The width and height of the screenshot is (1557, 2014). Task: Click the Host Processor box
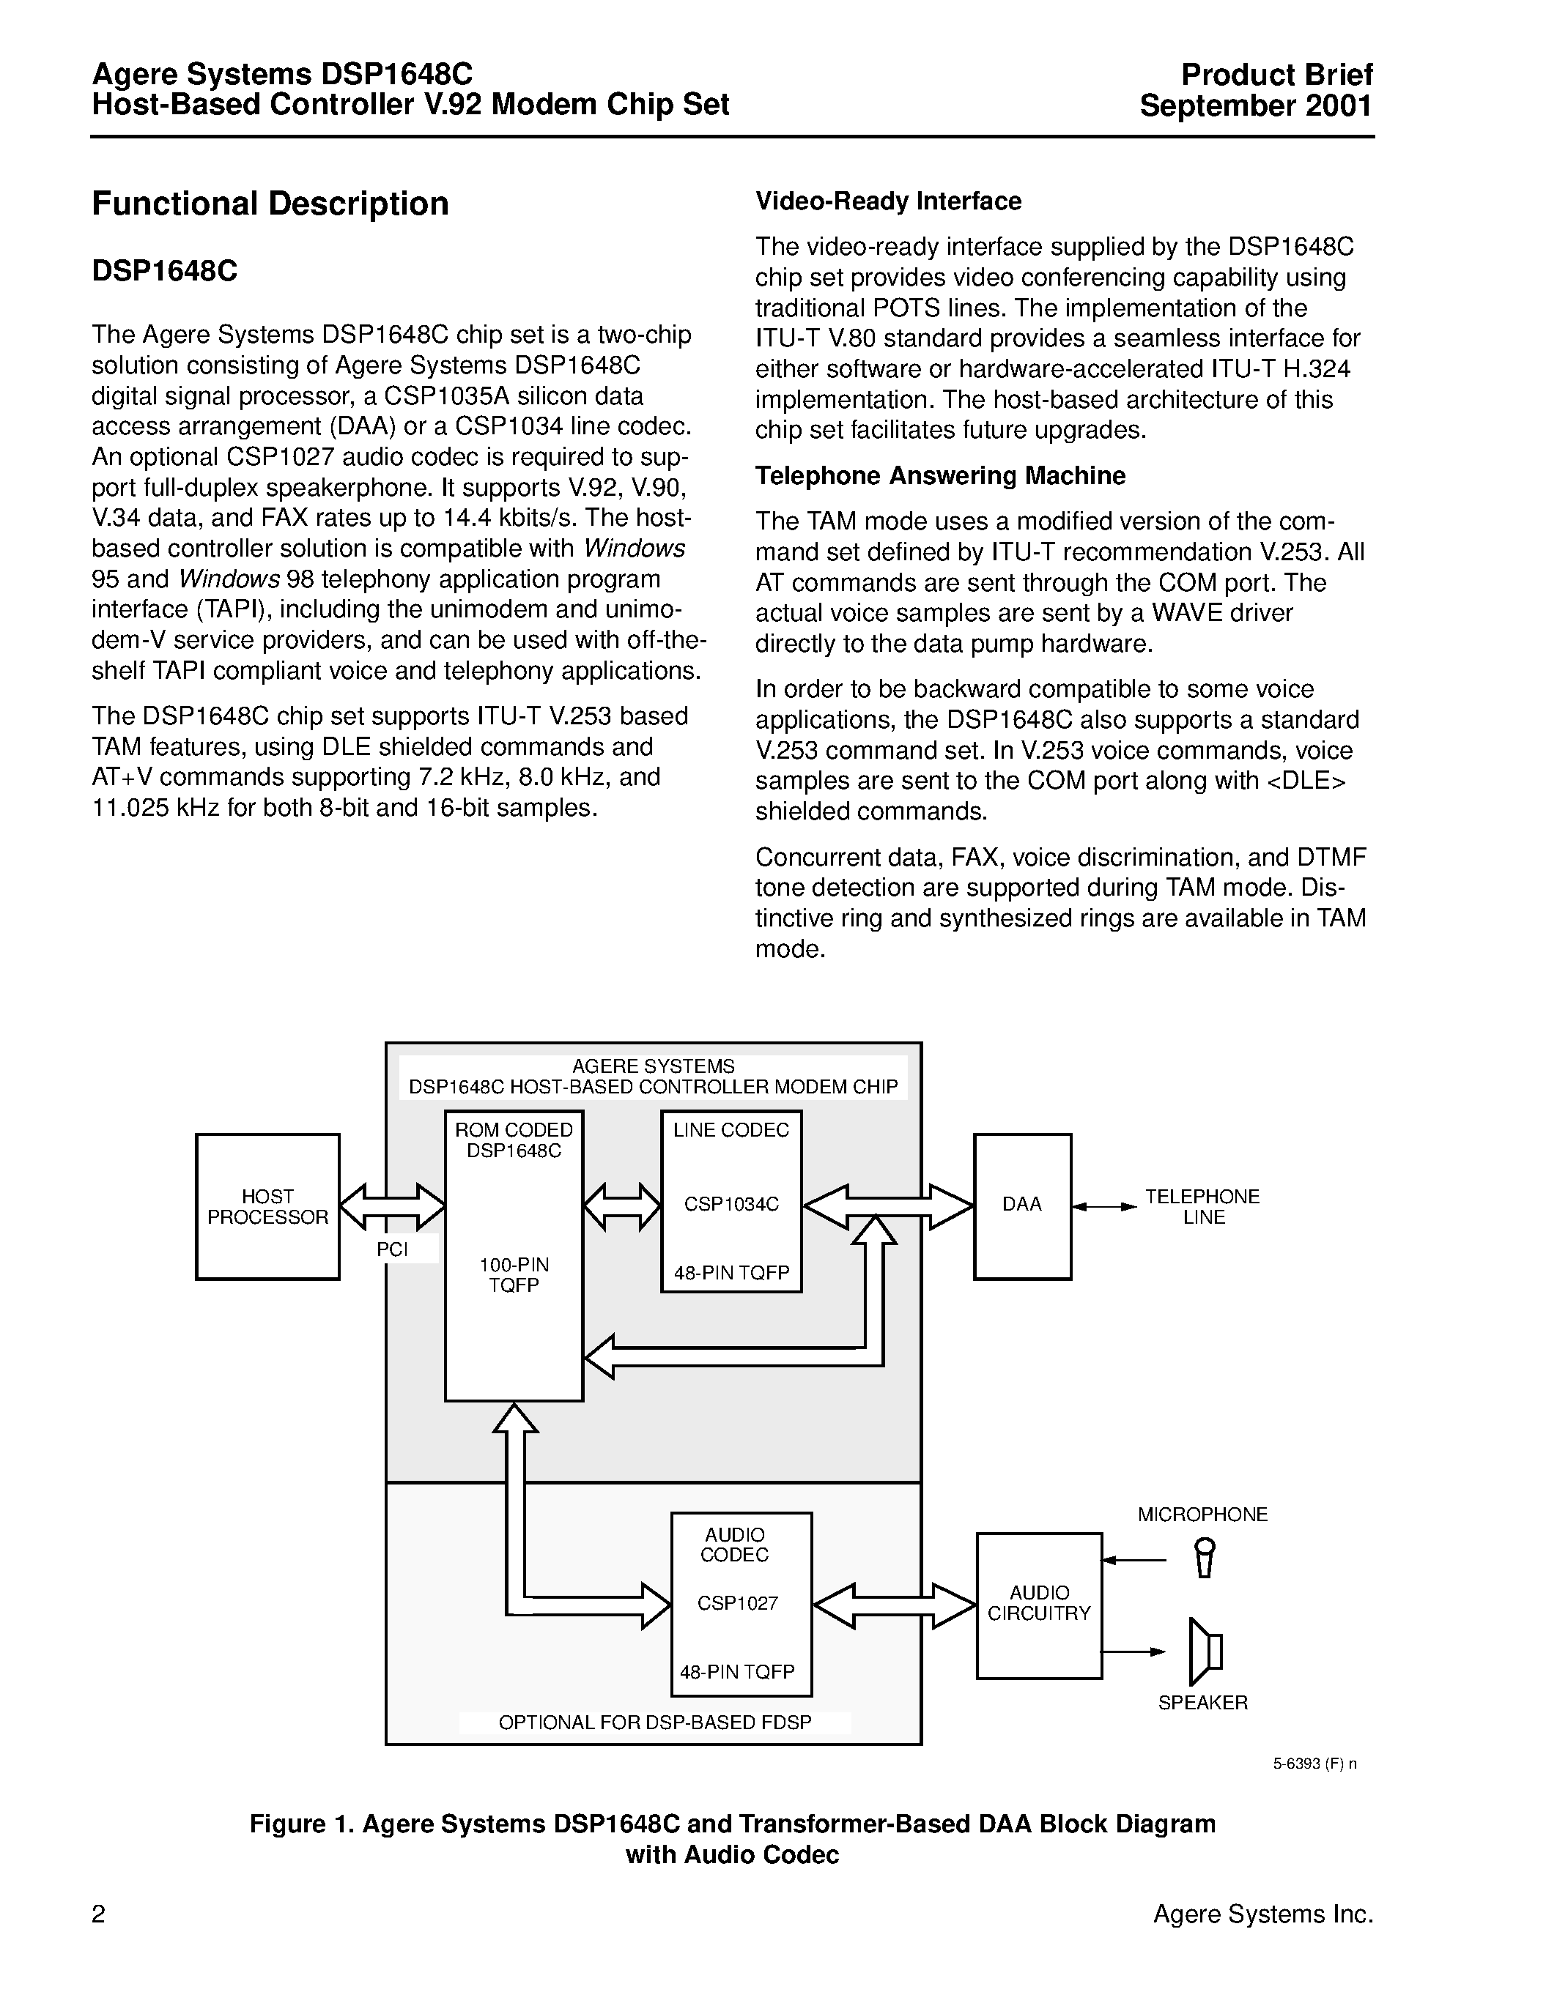[x=267, y=1206]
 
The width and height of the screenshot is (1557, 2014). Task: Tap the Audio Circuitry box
[x=1039, y=1605]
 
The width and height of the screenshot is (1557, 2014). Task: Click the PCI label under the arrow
[x=392, y=1249]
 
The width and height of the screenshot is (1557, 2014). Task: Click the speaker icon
[x=1205, y=1651]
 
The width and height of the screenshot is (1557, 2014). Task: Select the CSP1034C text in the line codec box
[x=731, y=1204]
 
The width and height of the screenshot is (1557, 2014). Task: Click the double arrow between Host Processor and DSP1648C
[x=392, y=1206]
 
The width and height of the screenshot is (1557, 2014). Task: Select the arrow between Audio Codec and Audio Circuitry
[x=894, y=1605]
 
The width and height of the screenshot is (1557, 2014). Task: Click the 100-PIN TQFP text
[x=514, y=1275]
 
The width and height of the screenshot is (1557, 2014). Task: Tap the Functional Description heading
[x=270, y=204]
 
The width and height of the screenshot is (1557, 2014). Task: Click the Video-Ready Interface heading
[x=888, y=201]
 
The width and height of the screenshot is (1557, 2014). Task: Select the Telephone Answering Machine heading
[x=940, y=476]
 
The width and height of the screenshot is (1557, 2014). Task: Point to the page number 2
[x=99, y=1914]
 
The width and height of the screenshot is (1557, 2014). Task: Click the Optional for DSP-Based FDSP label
[x=655, y=1723]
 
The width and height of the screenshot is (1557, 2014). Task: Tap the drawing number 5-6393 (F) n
[x=1314, y=1764]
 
